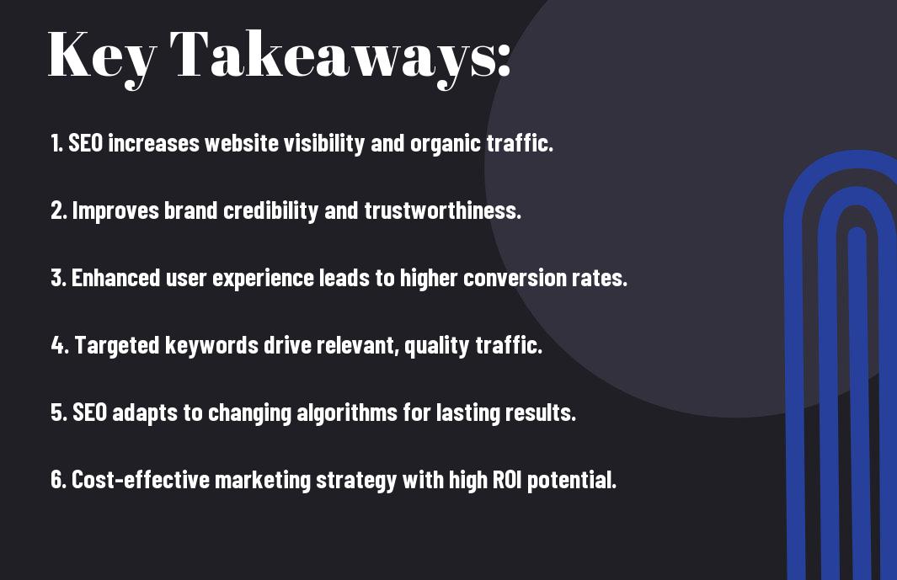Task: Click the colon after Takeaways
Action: click(504, 60)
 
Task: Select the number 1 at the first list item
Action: click(56, 143)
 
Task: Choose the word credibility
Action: click(270, 210)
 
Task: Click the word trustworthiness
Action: click(443, 210)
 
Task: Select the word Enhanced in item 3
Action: click(115, 278)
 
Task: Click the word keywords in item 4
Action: click(211, 345)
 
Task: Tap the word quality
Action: click(436, 345)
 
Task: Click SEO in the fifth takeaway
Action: click(90, 412)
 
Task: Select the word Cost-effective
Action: click(140, 479)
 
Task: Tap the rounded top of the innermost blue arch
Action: click(857, 232)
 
